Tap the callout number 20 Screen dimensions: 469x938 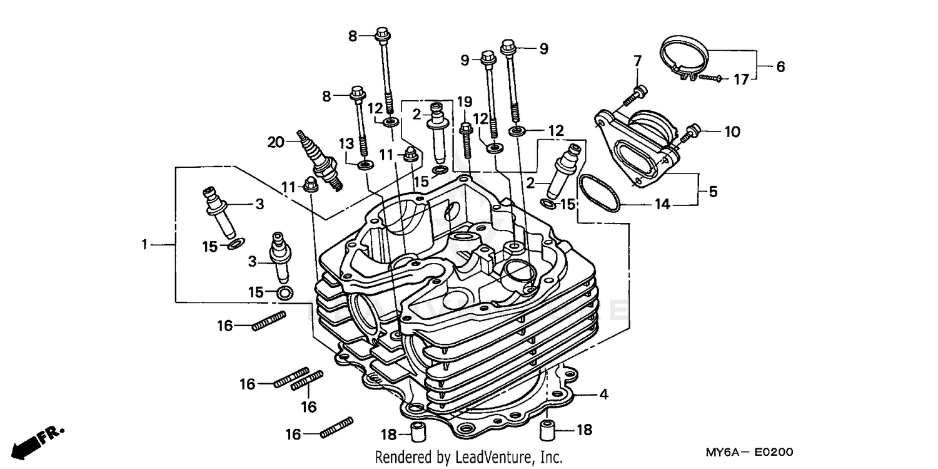coord(276,142)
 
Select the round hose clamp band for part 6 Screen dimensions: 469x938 coord(684,57)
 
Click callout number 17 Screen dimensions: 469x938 coord(740,80)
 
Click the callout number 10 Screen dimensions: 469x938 coord(732,132)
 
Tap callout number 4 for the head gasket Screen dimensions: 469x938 coord(603,394)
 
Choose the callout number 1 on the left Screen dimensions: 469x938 coord(144,245)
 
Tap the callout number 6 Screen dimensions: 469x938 coord(780,66)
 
